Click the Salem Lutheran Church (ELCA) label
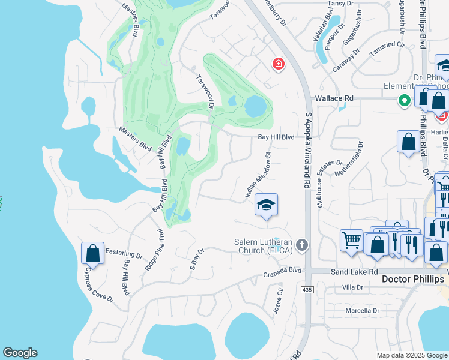pyautogui.click(x=264, y=246)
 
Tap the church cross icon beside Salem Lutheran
pyautogui.click(x=302, y=245)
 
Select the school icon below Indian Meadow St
pyautogui.click(x=266, y=206)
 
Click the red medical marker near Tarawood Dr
pyautogui.click(x=277, y=64)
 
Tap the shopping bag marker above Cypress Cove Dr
pyautogui.click(x=93, y=253)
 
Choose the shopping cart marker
pyautogui.click(x=351, y=241)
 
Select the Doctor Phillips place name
pyautogui.click(x=414, y=280)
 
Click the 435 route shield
pyautogui.click(x=307, y=290)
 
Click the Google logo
pyautogui.click(x=20, y=353)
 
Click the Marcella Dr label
pyautogui.click(x=363, y=311)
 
